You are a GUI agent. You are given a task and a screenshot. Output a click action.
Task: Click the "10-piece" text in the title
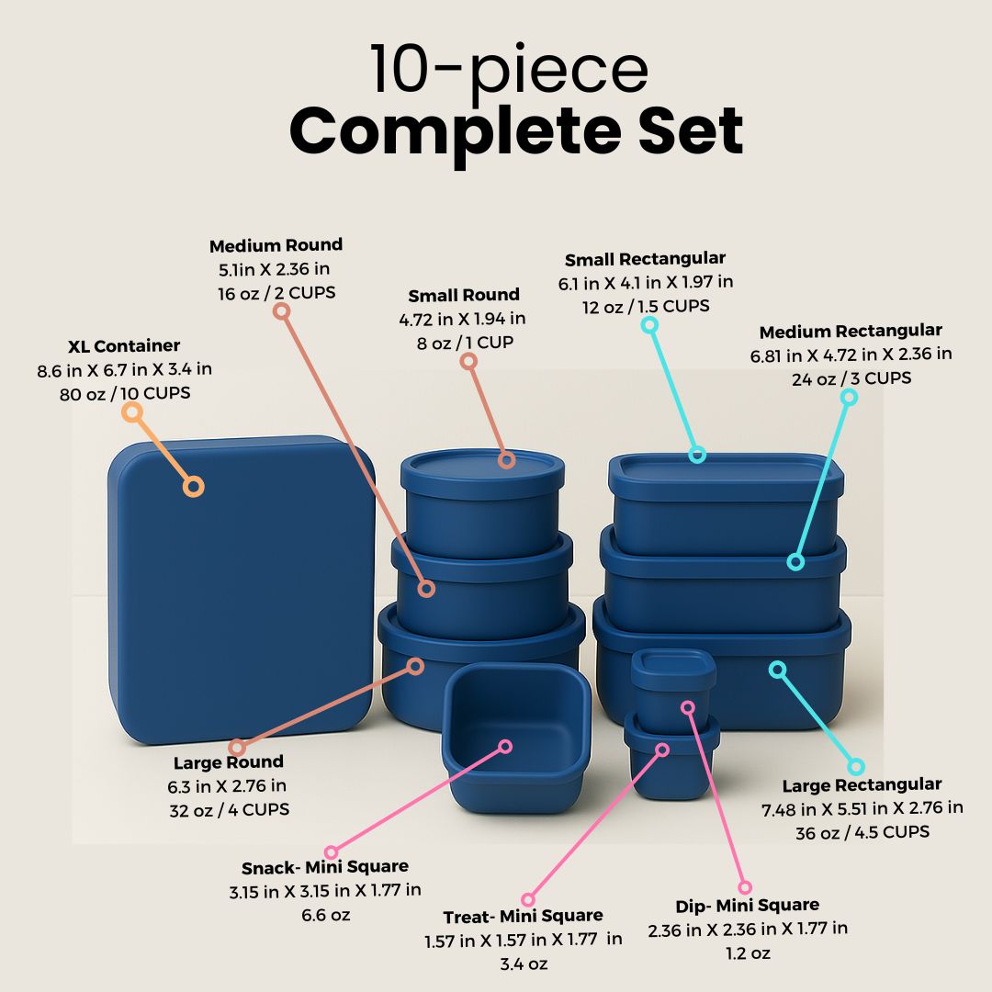coord(509,71)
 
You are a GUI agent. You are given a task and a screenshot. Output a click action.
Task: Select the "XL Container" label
coord(124,346)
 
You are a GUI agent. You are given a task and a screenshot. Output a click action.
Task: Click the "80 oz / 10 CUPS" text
coord(124,393)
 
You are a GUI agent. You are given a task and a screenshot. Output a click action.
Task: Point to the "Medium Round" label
coord(276,245)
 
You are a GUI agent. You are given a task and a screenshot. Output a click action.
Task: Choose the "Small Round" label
coord(464,295)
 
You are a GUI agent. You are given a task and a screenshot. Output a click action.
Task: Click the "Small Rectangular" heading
coord(645,259)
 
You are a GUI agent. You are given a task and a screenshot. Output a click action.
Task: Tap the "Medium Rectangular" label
coord(851,331)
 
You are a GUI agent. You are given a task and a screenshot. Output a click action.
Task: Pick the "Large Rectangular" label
coord(862,785)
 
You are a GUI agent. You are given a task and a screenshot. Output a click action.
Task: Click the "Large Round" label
coord(229,762)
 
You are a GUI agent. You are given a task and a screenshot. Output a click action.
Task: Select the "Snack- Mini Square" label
coord(325,867)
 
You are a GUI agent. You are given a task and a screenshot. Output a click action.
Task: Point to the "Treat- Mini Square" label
coord(523,916)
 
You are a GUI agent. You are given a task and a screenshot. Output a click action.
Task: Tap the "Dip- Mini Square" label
coord(747,905)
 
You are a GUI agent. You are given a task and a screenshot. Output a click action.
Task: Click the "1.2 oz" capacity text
coord(747,953)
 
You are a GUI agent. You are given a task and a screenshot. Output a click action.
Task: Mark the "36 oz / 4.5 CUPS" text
coord(862,832)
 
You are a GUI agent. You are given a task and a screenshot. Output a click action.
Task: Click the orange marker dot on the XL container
coord(193,487)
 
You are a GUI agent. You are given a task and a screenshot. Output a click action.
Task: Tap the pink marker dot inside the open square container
coord(504,747)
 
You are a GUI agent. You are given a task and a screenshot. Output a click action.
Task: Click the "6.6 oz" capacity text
coord(325,915)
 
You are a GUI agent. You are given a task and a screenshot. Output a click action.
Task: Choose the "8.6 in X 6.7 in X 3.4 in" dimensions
coord(124,370)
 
